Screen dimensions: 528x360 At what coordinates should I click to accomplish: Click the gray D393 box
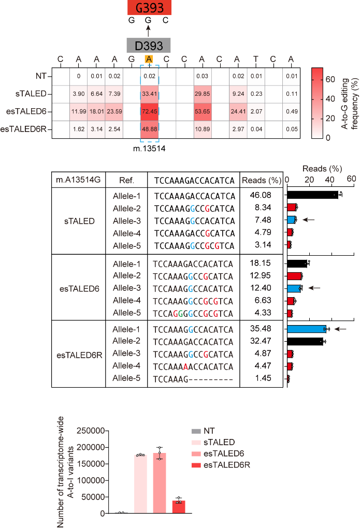149,45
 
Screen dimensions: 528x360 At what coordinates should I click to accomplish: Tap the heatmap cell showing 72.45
149,112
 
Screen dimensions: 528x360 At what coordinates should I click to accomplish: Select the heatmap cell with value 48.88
149,129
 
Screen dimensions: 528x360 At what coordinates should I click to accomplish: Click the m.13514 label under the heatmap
149,149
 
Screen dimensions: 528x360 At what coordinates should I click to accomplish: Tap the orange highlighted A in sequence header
149,58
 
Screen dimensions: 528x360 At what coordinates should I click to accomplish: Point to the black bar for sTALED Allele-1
312,195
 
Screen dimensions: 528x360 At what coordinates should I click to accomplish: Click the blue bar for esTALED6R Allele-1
307,329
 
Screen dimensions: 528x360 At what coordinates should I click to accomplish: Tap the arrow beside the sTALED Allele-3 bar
309,219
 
